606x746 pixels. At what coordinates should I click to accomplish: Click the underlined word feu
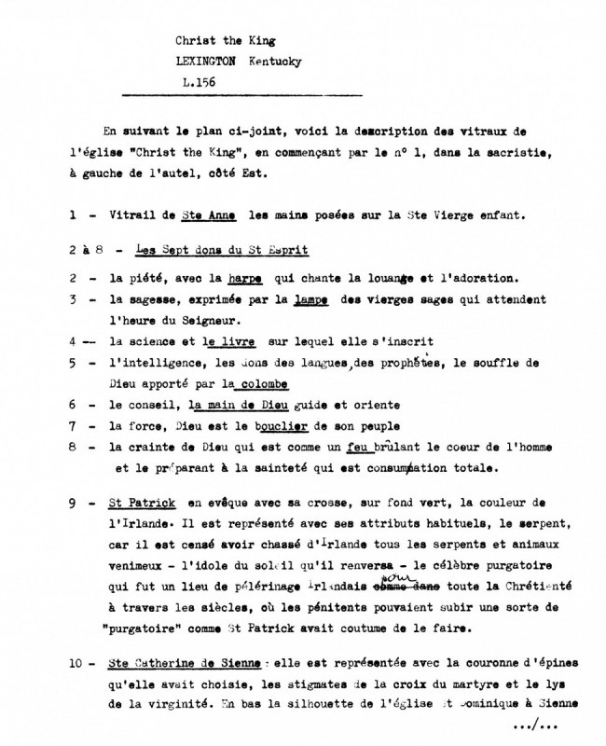pyautogui.click(x=349, y=447)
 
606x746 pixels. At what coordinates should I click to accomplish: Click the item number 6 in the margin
pyautogui.click(x=73, y=406)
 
